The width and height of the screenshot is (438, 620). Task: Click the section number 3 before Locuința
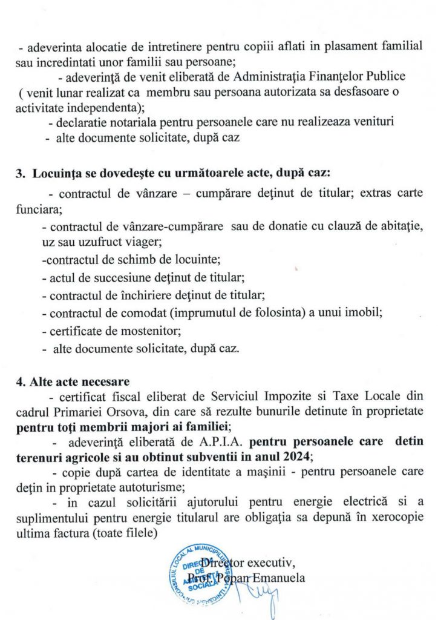pyautogui.click(x=19, y=173)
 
